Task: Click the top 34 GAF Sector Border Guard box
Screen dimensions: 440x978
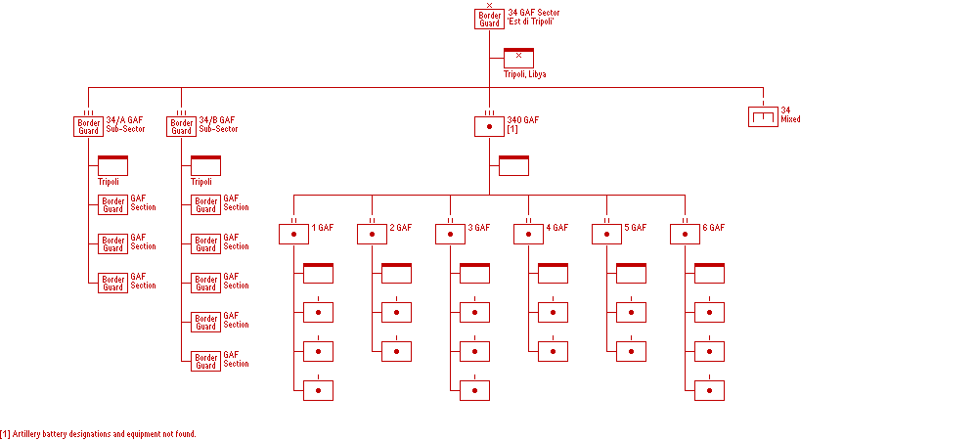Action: (x=489, y=20)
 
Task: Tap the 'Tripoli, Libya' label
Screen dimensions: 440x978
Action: (x=524, y=74)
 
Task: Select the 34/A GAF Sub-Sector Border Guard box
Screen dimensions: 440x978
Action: (x=88, y=126)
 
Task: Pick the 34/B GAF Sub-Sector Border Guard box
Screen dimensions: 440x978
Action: (x=181, y=126)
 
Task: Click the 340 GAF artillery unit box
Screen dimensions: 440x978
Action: (x=489, y=126)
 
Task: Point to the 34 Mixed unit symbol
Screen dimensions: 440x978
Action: (x=763, y=117)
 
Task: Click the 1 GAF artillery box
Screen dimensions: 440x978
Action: (x=293, y=234)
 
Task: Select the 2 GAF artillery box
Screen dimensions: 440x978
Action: (x=372, y=234)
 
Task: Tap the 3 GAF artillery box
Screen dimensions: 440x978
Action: (x=450, y=234)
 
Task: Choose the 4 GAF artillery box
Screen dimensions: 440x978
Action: (x=528, y=234)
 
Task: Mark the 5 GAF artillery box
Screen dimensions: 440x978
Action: (x=606, y=234)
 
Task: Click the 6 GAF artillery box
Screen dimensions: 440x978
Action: (x=685, y=234)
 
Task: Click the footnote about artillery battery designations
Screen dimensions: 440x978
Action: (x=98, y=433)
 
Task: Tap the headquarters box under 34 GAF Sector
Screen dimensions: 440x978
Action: (x=518, y=58)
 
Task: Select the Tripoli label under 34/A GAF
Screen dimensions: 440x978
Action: (x=109, y=182)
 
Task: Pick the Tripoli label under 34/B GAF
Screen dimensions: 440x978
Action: (x=201, y=182)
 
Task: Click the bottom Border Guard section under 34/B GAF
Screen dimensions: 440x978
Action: (x=205, y=361)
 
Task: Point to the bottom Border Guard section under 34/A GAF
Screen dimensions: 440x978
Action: (x=112, y=283)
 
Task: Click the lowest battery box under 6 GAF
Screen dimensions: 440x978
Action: (x=709, y=390)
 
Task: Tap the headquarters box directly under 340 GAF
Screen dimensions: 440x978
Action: (x=513, y=165)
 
